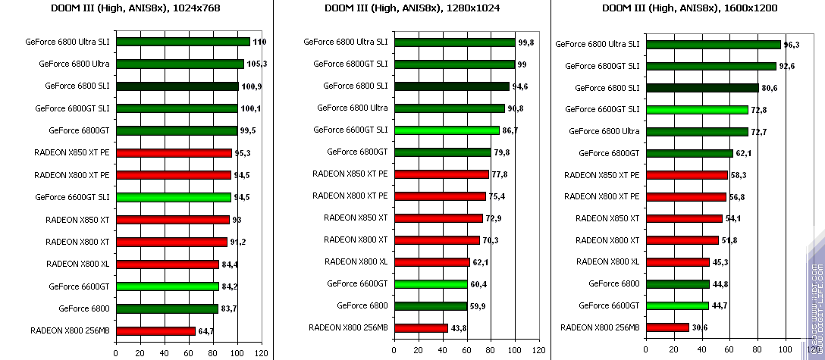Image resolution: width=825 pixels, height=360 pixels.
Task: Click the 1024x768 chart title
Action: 136,8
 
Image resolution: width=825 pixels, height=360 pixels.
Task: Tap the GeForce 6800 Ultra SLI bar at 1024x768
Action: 183,42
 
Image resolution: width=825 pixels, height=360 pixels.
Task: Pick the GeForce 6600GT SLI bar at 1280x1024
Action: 447,130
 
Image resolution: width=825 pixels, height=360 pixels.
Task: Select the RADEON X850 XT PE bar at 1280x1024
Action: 441,174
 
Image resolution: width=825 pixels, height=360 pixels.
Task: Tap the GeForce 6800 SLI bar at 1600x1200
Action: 701,88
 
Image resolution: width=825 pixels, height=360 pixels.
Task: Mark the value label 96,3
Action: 792,45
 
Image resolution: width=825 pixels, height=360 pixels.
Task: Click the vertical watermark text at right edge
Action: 816,303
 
